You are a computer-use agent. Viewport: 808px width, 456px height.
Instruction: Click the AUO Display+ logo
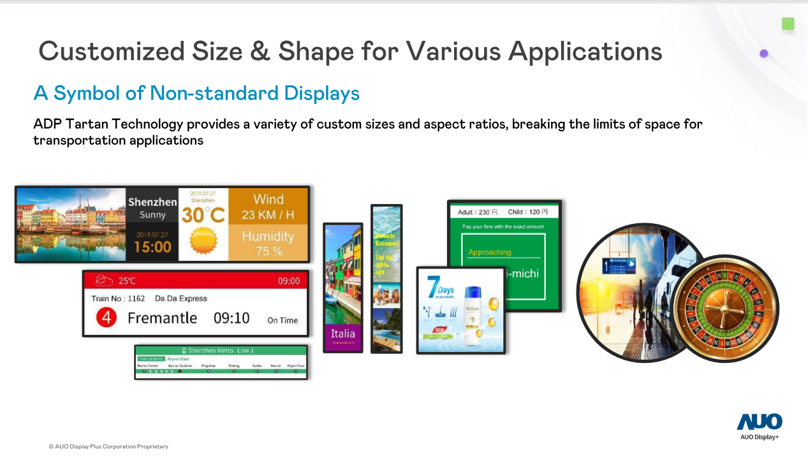tap(759, 425)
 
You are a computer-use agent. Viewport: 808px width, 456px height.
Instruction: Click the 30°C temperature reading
tap(203, 215)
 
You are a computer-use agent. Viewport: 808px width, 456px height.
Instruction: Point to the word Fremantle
tap(162, 318)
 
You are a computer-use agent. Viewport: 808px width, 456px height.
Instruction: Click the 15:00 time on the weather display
tap(152, 247)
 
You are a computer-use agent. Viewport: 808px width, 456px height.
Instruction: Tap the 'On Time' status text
tap(283, 320)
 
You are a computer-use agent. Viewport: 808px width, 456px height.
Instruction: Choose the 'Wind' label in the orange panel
tap(268, 200)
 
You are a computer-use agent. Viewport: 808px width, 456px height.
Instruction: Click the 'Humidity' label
tap(268, 237)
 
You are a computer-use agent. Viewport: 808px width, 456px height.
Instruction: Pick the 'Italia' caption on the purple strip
tap(342, 334)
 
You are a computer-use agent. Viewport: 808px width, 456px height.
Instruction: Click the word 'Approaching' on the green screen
tap(490, 252)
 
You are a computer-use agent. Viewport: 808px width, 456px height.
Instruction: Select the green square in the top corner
tap(788, 24)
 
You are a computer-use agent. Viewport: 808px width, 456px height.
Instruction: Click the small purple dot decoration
tap(764, 54)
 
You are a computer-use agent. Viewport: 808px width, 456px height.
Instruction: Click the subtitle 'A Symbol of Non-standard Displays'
tap(196, 94)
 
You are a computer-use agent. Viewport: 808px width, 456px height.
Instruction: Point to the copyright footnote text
tap(108, 446)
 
